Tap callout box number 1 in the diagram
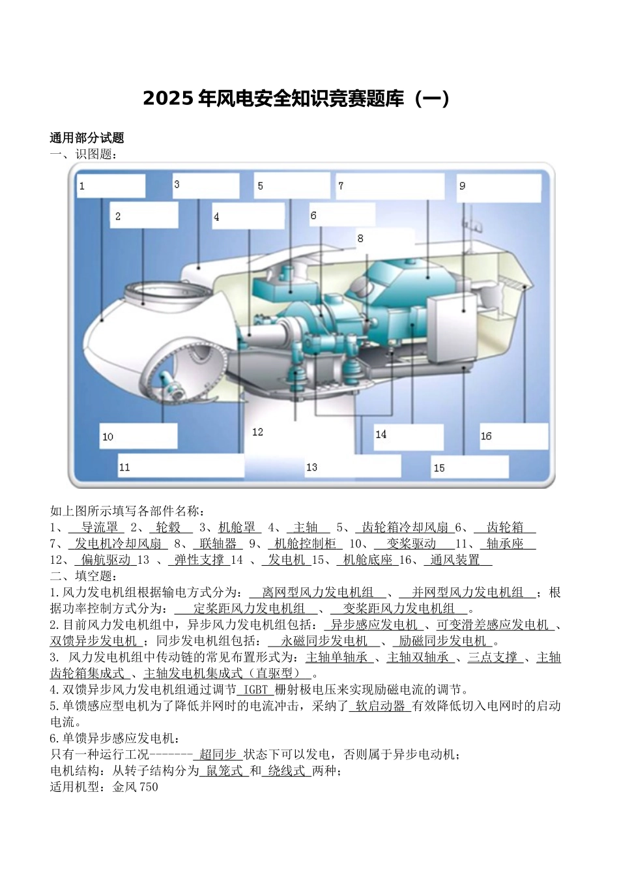coord(110,186)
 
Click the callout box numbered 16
coord(513,436)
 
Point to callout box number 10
coord(138,436)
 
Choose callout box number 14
coord(409,435)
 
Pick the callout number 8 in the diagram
coord(360,239)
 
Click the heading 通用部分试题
coord(87,138)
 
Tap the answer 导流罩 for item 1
coord(99,527)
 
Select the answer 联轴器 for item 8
coord(218,544)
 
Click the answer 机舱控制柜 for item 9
coord(305,544)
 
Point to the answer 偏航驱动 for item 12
coord(106,560)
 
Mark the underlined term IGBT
coord(255,690)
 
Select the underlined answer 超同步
coord(218,755)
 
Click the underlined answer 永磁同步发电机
coord(324,641)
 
